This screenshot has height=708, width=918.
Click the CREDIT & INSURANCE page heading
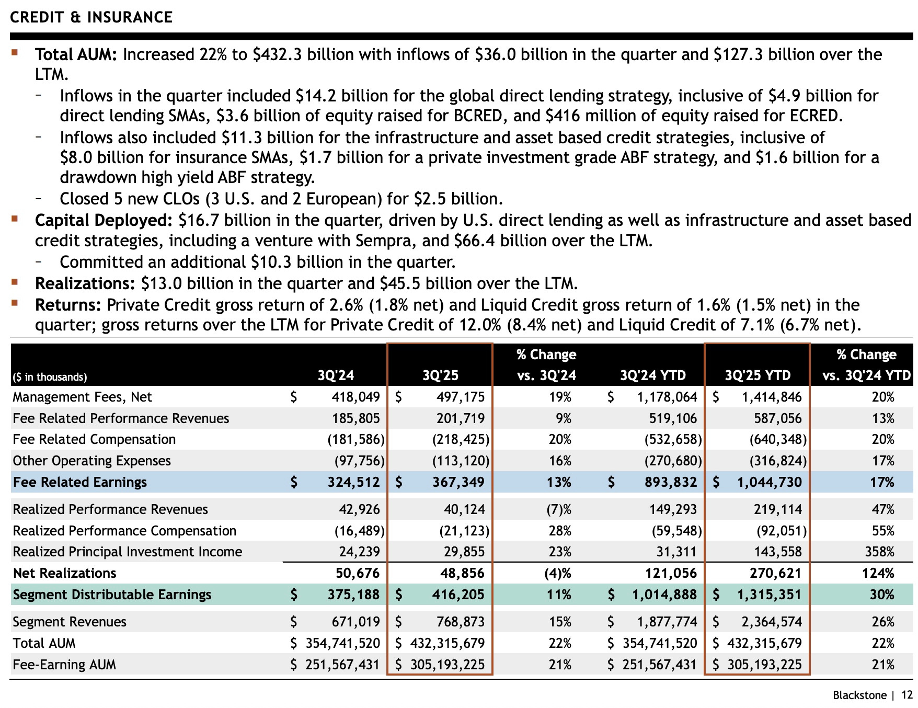point(91,17)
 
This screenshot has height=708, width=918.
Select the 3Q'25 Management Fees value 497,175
point(461,397)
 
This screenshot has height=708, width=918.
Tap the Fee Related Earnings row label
point(80,482)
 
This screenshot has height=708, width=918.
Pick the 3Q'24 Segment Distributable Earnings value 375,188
point(353,595)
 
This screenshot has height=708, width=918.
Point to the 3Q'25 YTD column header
point(758,375)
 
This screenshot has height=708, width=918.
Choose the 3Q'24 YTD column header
point(652,375)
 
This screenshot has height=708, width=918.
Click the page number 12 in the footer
point(907,695)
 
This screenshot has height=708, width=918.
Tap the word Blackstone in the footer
point(859,695)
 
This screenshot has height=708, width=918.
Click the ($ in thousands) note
point(50,377)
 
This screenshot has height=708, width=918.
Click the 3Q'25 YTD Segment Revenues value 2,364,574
point(771,622)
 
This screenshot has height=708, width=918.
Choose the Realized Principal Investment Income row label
point(128,552)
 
